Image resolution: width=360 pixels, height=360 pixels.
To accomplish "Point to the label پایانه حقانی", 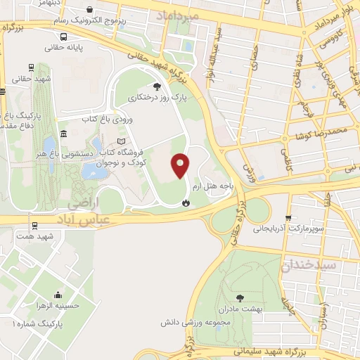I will (64, 48).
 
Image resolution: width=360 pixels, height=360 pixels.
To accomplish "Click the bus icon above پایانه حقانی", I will (64, 36).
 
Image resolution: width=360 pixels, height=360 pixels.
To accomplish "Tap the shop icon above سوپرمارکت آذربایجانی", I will (288, 217).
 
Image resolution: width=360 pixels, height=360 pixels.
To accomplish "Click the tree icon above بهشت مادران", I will (242, 297).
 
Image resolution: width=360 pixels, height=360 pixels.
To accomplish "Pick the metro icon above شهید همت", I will (34, 225).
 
